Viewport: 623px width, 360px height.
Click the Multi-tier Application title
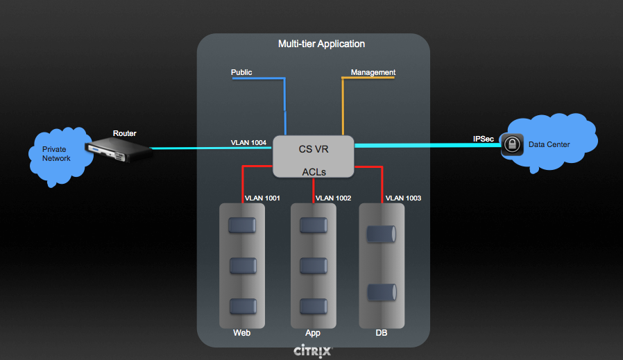[x=321, y=44]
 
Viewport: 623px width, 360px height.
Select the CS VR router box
[x=313, y=156]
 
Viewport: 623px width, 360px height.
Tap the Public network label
[x=241, y=72]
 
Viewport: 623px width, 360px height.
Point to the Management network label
[x=373, y=72]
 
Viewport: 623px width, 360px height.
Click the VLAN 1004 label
[x=248, y=143]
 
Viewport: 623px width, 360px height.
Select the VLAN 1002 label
[x=333, y=198]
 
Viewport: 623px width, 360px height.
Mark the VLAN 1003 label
[x=403, y=198]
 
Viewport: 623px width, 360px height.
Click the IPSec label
[x=484, y=139]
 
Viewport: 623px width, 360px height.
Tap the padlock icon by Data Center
[x=511, y=144]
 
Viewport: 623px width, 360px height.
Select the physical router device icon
[x=119, y=148]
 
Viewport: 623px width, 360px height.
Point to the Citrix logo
[x=313, y=350]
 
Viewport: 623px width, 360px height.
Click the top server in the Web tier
[x=242, y=225]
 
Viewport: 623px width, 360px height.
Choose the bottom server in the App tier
[x=312, y=306]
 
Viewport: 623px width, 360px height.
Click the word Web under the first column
[x=241, y=333]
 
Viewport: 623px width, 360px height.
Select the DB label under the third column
[x=382, y=333]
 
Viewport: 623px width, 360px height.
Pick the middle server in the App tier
[x=312, y=266]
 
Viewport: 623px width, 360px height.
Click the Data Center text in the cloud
[x=549, y=144]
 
